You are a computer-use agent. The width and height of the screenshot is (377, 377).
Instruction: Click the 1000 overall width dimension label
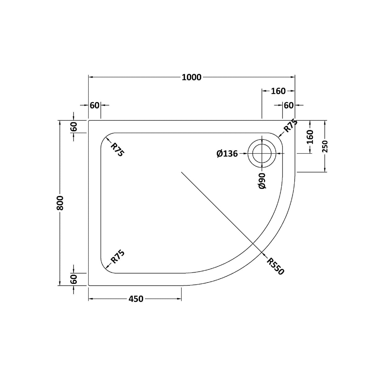[192, 77]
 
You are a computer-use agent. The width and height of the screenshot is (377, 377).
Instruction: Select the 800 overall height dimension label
[60, 203]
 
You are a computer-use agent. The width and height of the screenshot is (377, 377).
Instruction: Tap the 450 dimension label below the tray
[136, 299]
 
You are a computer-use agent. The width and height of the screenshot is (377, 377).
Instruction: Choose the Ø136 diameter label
[227, 153]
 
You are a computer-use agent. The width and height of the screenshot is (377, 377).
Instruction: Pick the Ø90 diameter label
[262, 181]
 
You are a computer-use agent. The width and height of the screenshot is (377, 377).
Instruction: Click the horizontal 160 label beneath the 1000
[278, 91]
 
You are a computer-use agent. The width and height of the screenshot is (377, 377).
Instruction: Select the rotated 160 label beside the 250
[310, 137]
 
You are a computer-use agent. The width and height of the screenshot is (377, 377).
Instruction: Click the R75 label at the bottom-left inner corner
[118, 257]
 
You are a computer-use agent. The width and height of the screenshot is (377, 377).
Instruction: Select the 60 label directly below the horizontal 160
[288, 106]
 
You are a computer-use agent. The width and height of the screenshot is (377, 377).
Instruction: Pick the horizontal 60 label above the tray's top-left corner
[94, 106]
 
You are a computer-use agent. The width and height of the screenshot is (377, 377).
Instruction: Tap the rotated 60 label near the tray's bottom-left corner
[74, 279]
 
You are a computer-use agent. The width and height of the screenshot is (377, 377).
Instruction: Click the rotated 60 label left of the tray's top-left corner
[74, 127]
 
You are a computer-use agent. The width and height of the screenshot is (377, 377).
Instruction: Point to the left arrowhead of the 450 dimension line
[91, 299]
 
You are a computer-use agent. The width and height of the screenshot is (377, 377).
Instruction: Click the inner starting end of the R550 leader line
[182, 172]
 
